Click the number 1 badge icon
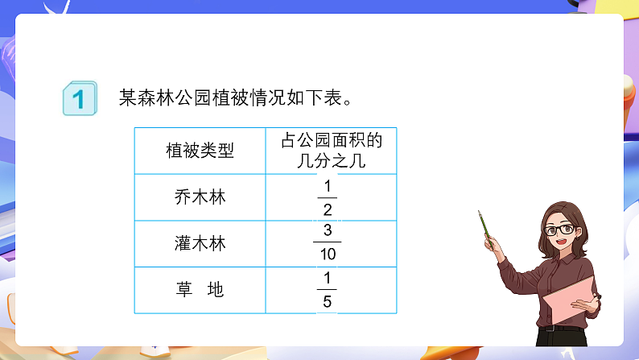(x=78, y=99)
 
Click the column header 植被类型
(x=200, y=151)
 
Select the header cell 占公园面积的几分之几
(x=331, y=151)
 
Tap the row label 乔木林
(x=200, y=197)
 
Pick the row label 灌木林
(x=200, y=244)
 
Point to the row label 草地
(x=200, y=290)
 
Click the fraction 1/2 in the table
(x=327, y=198)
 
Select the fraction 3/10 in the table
(x=327, y=242)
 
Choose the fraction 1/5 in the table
(x=327, y=290)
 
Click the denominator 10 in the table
(x=327, y=254)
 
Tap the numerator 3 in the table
(x=327, y=230)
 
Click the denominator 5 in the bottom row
(x=327, y=302)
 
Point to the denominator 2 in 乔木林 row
(x=327, y=210)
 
